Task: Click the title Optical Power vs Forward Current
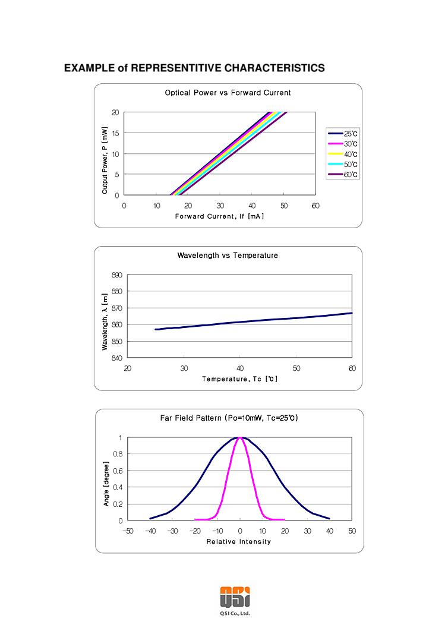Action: pos(228,93)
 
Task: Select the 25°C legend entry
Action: pos(344,134)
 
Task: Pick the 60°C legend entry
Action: pos(344,175)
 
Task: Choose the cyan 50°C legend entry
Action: pos(344,165)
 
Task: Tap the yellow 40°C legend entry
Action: pos(344,154)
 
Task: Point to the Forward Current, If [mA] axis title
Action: pos(219,216)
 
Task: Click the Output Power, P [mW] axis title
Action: pos(105,160)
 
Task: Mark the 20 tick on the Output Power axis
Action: pos(115,112)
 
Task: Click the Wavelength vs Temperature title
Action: pos(228,256)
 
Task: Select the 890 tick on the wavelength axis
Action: pos(116,275)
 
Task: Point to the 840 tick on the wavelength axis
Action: pos(116,358)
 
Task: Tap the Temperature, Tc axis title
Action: pos(239,378)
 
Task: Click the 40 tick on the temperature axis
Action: pos(239,368)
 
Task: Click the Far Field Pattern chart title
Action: pos(229,418)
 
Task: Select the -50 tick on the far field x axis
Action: pos(127,531)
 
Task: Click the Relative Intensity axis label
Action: pos(238,541)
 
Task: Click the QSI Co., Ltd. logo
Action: pos(235,595)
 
